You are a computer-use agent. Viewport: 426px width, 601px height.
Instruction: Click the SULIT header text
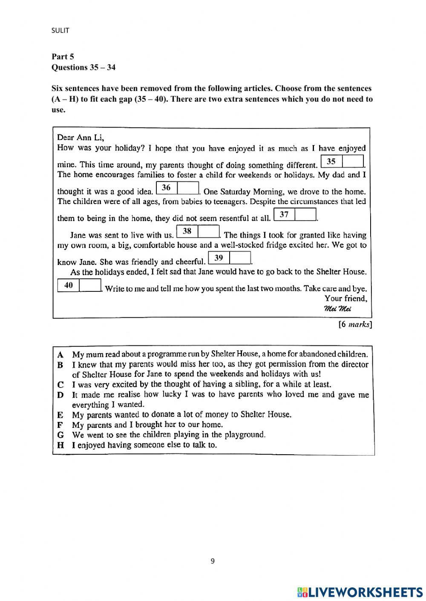[60, 30]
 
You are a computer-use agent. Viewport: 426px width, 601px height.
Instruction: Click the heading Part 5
[63, 56]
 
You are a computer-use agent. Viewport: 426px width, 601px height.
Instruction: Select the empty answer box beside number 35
[353, 162]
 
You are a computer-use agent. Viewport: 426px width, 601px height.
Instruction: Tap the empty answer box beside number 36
[188, 188]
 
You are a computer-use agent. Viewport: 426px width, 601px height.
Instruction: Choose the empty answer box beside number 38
[208, 231]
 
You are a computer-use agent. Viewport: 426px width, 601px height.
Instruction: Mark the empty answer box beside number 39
[240, 258]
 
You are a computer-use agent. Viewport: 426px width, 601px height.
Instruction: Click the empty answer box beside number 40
[90, 285]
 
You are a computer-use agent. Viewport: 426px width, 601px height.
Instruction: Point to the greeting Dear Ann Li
[81, 137]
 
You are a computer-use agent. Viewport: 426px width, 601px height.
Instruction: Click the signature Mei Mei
[337, 309]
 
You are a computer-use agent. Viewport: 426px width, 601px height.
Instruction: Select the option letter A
[60, 354]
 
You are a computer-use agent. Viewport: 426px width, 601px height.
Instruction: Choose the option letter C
[60, 385]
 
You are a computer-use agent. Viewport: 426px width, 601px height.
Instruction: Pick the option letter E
[60, 415]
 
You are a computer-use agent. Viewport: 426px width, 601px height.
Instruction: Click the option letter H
[60, 445]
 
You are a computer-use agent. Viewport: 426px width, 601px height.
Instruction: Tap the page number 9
[213, 561]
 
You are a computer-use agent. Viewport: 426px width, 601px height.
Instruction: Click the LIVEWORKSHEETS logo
[360, 592]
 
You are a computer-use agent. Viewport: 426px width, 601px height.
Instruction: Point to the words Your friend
[345, 299]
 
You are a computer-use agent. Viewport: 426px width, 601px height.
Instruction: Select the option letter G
[60, 435]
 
